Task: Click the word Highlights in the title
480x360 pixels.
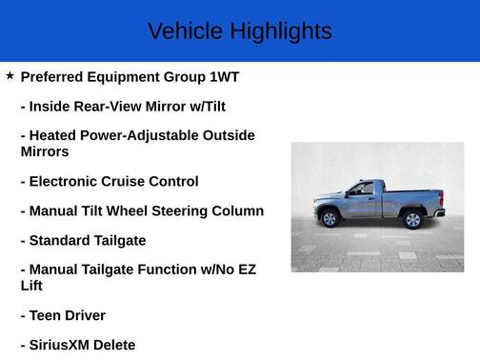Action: (x=279, y=31)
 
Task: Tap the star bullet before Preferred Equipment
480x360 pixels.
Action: (x=10, y=75)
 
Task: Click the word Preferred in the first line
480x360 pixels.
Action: (x=55, y=76)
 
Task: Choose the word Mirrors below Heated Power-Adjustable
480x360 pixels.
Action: (x=45, y=151)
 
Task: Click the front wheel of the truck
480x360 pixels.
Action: (x=330, y=218)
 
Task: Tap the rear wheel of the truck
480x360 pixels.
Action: (x=412, y=219)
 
